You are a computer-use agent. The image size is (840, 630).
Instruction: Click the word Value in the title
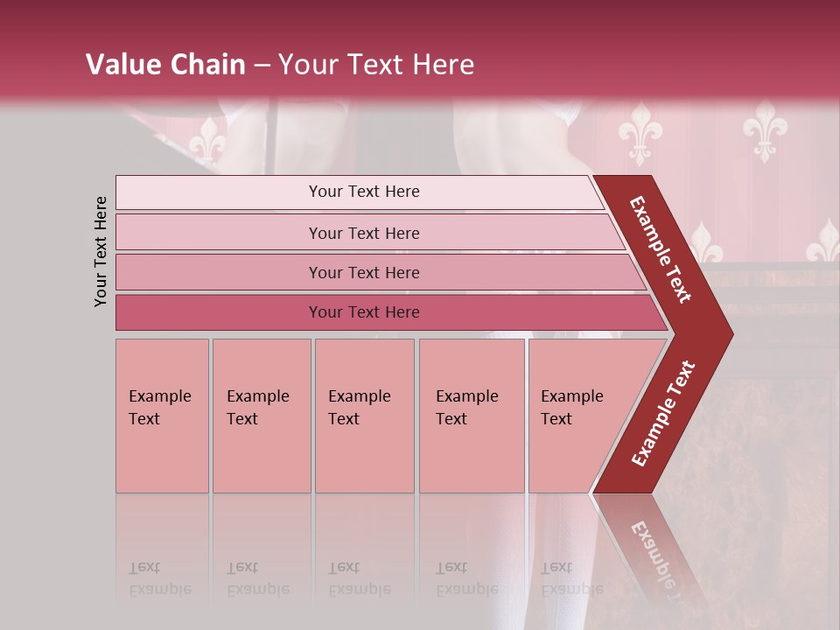(x=122, y=65)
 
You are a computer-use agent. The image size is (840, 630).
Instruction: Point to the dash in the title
(x=262, y=66)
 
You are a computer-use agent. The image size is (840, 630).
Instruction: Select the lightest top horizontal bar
(x=359, y=192)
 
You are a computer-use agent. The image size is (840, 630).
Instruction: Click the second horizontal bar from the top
(x=367, y=233)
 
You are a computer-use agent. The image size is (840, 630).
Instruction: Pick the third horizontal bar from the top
(x=376, y=272)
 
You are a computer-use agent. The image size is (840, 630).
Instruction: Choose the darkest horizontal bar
(x=385, y=312)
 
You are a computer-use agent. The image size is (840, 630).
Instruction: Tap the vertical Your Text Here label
(x=101, y=251)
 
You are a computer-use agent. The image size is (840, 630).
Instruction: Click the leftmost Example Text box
(x=162, y=415)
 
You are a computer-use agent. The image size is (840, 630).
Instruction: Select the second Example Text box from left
(x=262, y=415)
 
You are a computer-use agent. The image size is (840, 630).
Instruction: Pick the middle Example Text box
(x=364, y=415)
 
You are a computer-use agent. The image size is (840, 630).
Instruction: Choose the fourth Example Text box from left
(x=472, y=415)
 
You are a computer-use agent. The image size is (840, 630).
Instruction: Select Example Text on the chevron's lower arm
(x=663, y=414)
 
